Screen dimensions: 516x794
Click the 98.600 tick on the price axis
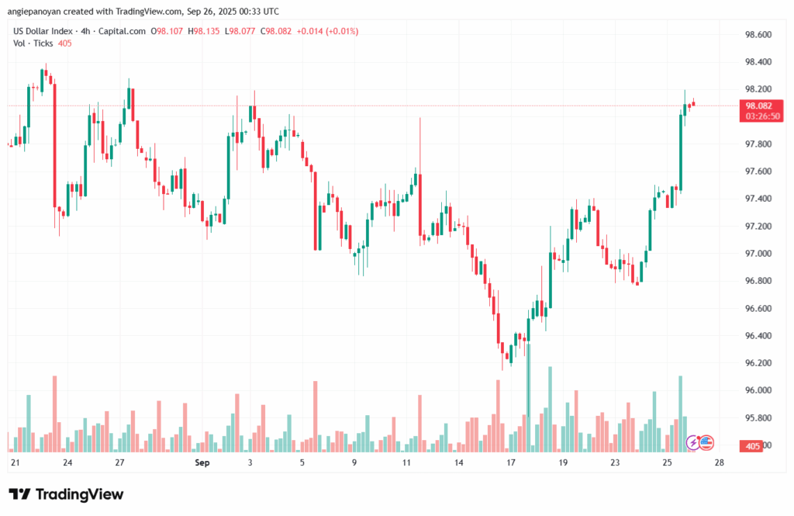pyautogui.click(x=758, y=35)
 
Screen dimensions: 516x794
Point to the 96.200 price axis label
pyautogui.click(x=758, y=363)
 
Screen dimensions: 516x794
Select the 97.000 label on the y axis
pyautogui.click(x=758, y=254)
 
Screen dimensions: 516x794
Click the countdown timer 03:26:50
pyautogui.click(x=763, y=116)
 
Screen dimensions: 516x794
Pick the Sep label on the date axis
pyautogui.click(x=202, y=463)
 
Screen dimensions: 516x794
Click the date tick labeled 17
pyautogui.click(x=510, y=463)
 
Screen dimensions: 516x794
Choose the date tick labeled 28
pyautogui.click(x=720, y=463)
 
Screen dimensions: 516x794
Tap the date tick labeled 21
pyautogui.click(x=15, y=463)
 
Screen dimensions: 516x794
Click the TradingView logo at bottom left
pyautogui.click(x=66, y=494)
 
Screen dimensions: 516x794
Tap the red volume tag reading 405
pyautogui.click(x=751, y=446)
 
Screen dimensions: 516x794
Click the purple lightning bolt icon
pyautogui.click(x=694, y=442)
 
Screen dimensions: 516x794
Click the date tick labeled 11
pyautogui.click(x=406, y=463)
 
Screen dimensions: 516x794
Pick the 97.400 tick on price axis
pyautogui.click(x=758, y=199)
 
